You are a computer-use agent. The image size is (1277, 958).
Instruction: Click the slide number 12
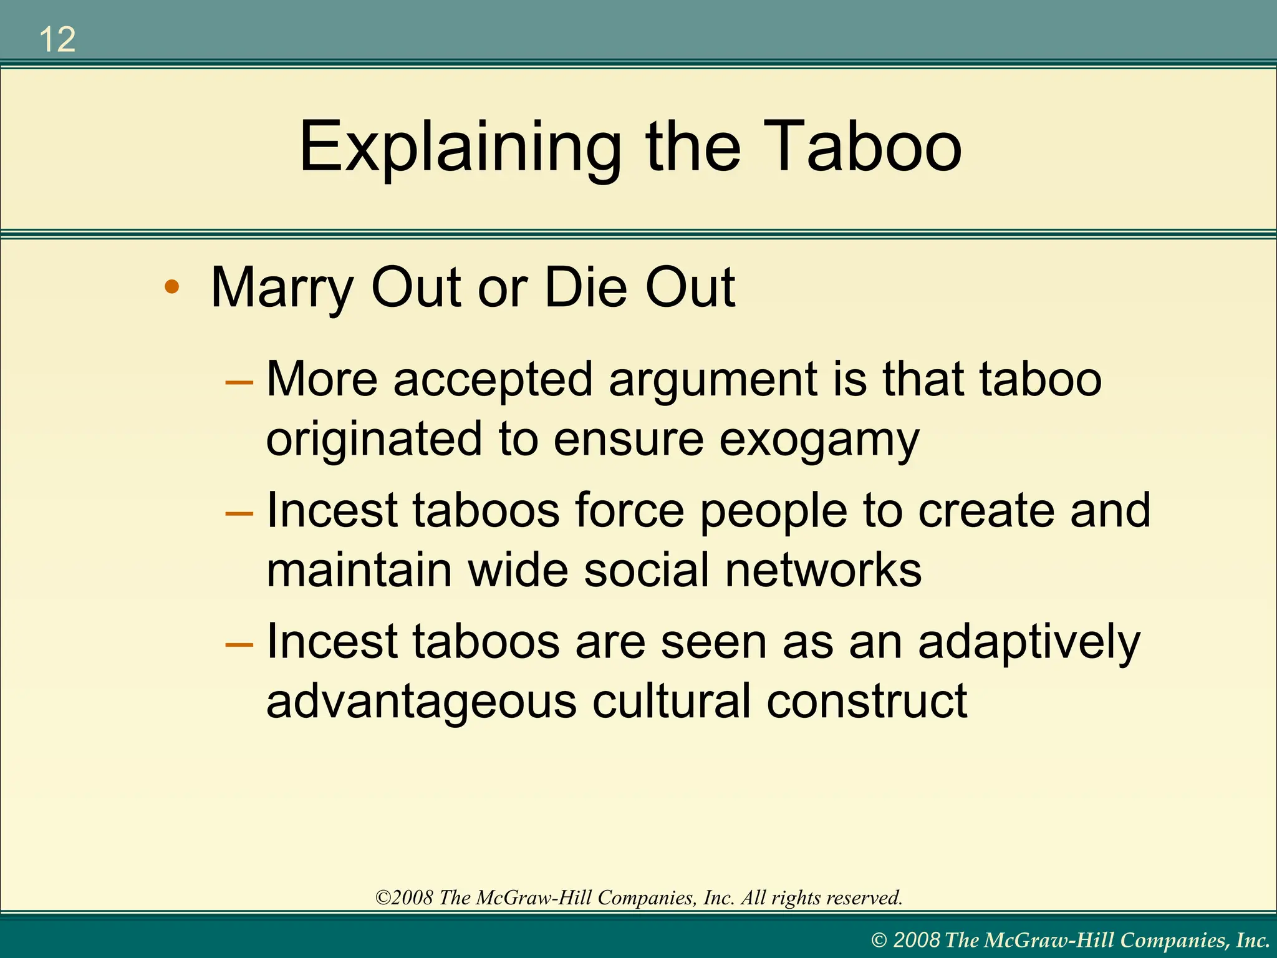pyautogui.click(x=57, y=40)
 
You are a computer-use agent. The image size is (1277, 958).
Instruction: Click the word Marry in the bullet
pyautogui.click(x=282, y=288)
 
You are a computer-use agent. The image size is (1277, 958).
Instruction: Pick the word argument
pyautogui.click(x=713, y=380)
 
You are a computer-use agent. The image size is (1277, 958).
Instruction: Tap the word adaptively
pyautogui.click(x=1029, y=643)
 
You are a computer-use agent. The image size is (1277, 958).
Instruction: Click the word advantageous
pyautogui.click(x=422, y=702)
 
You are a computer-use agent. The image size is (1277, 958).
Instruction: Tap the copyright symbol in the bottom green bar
pyautogui.click(x=879, y=941)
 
